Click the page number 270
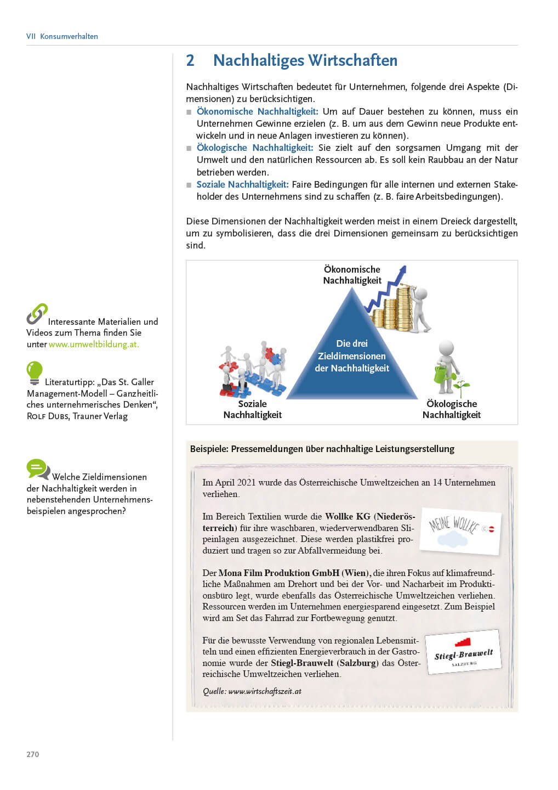33,754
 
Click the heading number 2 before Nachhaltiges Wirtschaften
190,60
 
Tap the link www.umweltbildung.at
94,345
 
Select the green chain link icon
37,314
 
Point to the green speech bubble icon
38,469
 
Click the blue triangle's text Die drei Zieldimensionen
352,356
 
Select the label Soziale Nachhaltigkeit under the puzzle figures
252,409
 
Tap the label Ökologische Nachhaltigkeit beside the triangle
451,409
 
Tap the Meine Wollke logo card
460,530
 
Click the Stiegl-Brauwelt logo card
464,652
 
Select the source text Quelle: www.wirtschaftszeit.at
252,691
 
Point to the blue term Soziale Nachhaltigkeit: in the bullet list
242,184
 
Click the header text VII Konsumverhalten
62,36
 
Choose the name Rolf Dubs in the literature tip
48,416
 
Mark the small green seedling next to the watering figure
462,387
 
